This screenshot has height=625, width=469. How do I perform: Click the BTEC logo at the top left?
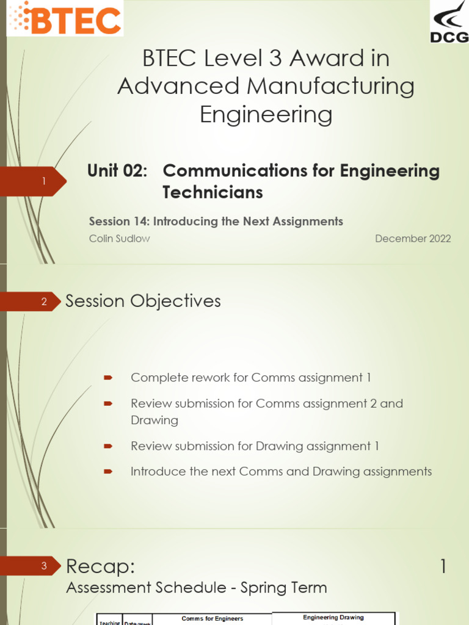(65, 18)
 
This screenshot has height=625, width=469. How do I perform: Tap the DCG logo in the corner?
(449, 22)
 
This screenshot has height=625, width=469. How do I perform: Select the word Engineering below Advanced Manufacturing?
(266, 114)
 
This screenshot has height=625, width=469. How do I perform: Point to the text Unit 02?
(117, 172)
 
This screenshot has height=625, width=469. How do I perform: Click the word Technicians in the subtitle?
(213, 192)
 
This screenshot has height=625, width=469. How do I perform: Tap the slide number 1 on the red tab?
(44, 181)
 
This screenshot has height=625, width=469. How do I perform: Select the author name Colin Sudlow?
(120, 239)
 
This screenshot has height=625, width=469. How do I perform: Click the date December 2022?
(413, 239)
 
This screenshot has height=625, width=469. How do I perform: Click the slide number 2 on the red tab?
(44, 302)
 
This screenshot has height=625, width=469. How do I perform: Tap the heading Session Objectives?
(143, 301)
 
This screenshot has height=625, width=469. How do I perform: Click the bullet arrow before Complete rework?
(108, 378)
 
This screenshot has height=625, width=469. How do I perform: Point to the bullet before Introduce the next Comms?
(108, 472)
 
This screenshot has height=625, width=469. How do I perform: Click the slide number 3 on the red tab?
(44, 566)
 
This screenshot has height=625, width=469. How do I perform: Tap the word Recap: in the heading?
(100, 566)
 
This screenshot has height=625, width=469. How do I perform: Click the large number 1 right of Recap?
(443, 566)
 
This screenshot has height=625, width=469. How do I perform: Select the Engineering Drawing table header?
(333, 618)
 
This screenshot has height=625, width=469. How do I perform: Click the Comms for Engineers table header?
(213, 619)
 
